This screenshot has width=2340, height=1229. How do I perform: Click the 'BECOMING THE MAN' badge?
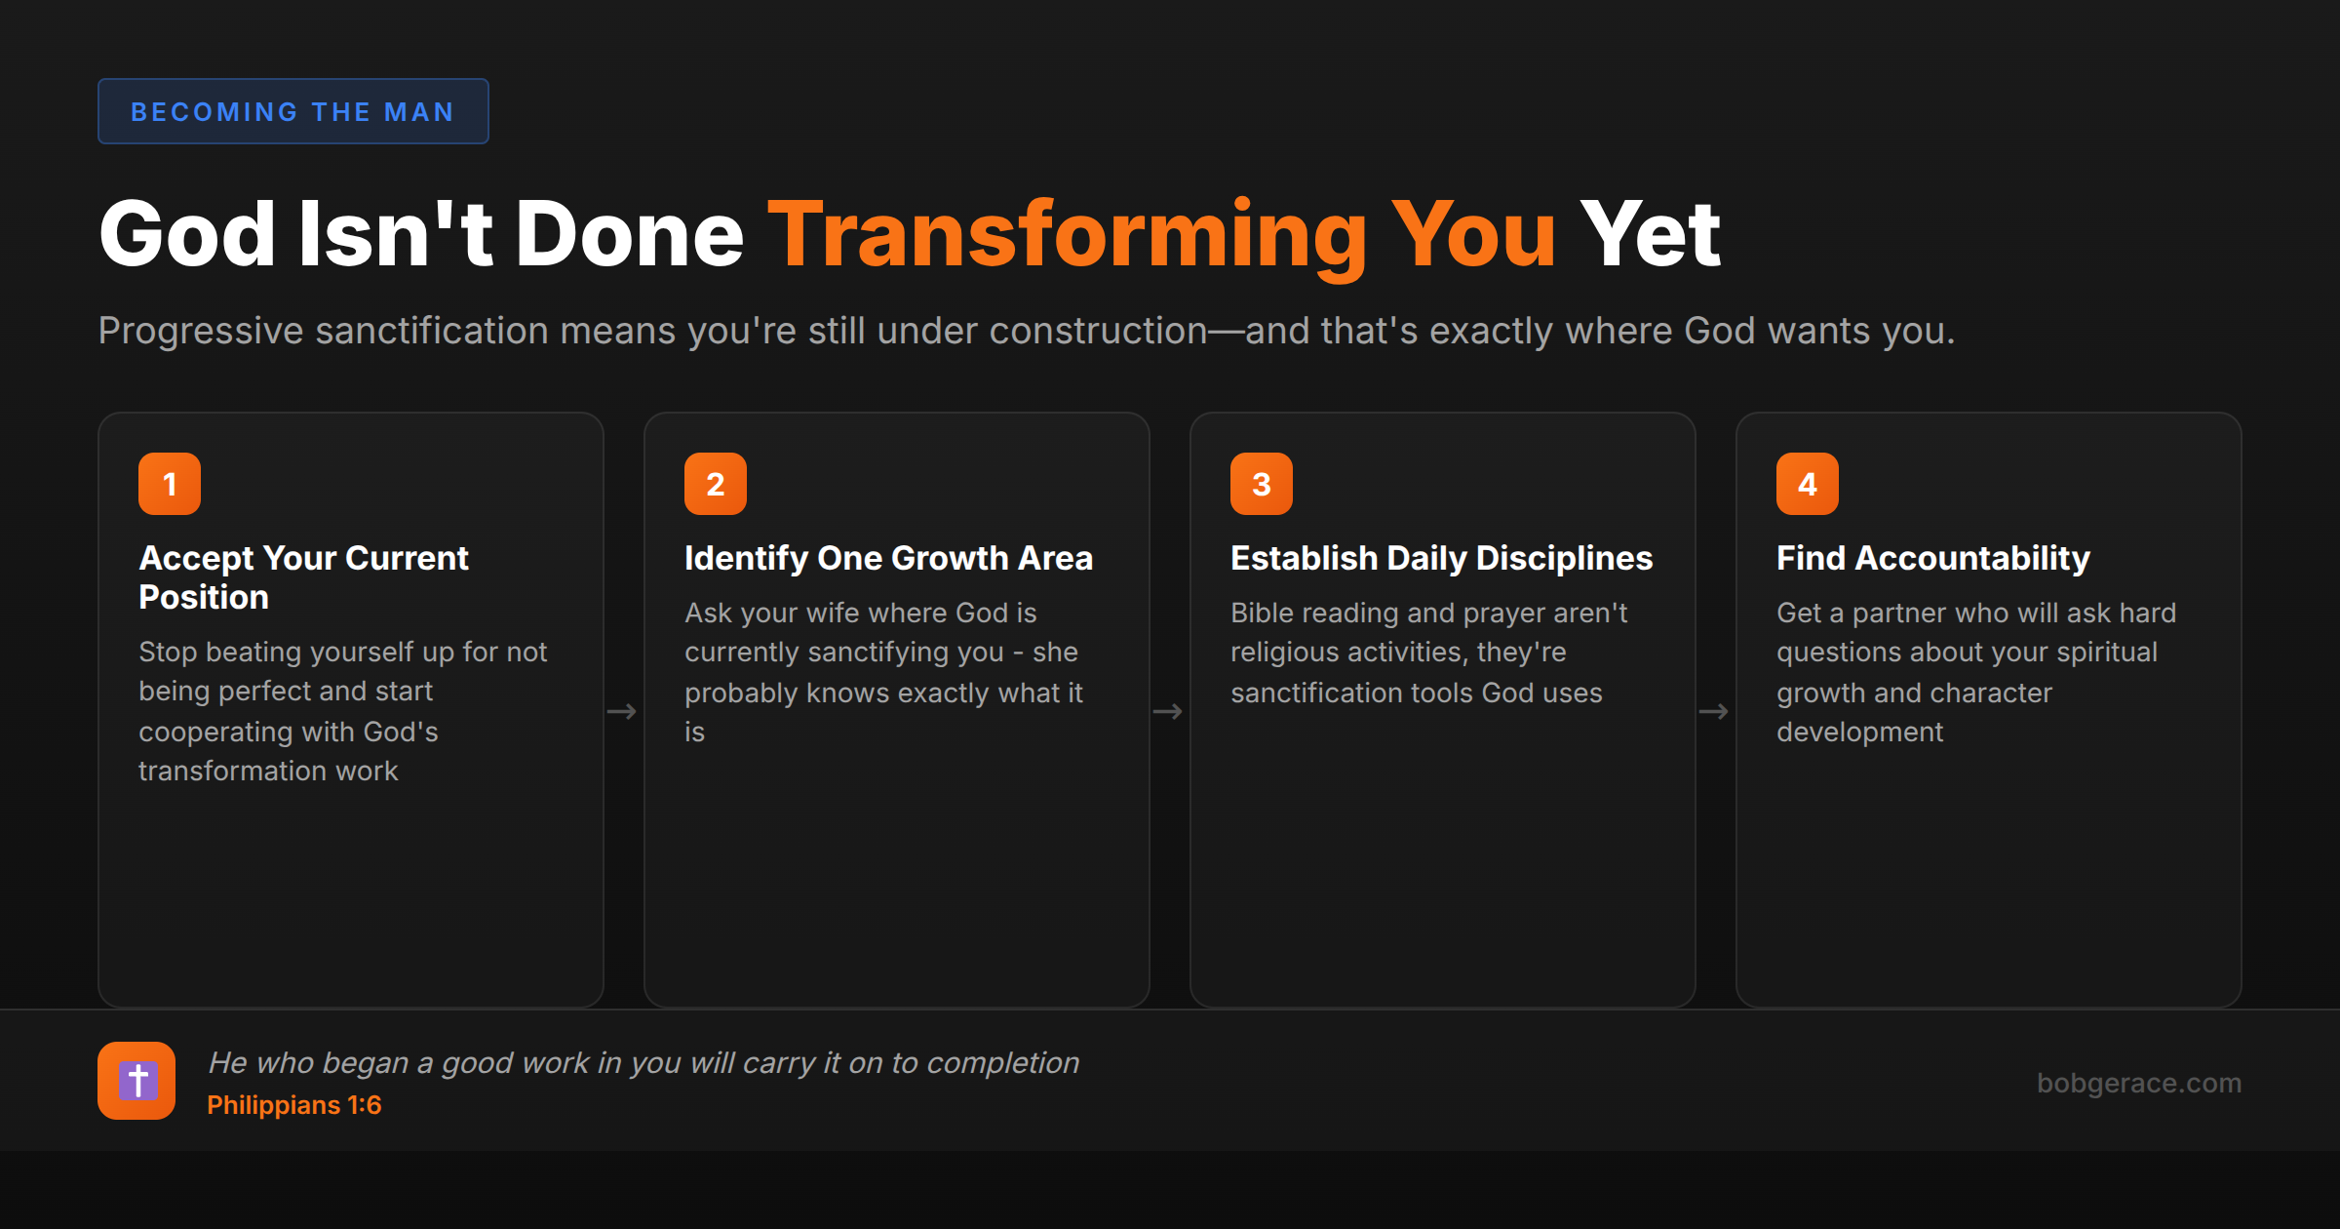point(292,111)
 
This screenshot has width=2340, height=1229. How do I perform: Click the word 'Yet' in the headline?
point(1650,235)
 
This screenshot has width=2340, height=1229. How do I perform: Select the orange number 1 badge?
point(170,484)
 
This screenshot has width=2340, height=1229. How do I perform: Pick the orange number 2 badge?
point(716,484)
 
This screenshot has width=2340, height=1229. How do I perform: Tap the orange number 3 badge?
point(1262,484)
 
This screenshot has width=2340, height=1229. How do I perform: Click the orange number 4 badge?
point(1808,484)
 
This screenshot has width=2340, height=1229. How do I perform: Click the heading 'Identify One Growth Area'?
point(888,558)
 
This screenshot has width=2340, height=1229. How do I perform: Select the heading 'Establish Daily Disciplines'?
point(1441,558)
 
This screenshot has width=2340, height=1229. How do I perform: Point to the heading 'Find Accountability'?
point(1932,558)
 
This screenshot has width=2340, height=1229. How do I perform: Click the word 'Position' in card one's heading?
point(204,597)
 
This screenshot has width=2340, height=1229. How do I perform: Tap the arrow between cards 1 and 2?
point(622,712)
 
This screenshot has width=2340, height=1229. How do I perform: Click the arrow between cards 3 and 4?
point(1714,712)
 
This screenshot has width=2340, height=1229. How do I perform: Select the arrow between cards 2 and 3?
point(1168,712)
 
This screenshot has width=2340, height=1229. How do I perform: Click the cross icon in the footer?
point(136,1081)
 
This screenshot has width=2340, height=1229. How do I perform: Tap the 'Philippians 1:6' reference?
point(293,1105)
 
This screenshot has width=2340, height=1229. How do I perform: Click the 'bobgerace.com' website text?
point(2138,1083)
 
